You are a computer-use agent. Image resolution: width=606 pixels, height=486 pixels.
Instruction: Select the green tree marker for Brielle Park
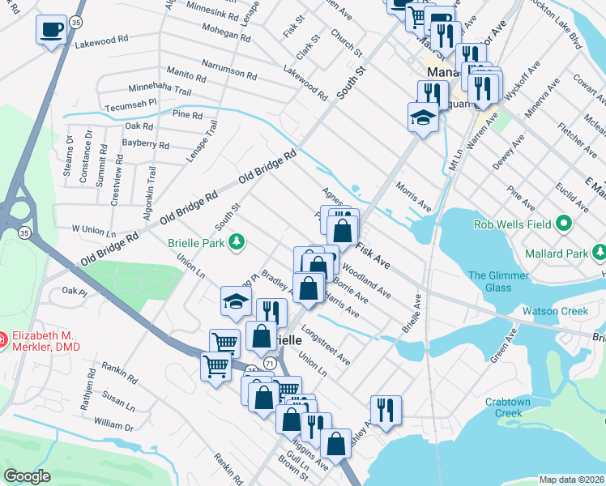(237, 241)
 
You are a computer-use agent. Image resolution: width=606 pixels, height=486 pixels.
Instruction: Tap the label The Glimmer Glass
(498, 282)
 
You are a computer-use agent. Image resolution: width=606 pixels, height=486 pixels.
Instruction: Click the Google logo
(27, 476)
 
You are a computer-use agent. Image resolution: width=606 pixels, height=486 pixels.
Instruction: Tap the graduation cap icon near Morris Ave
(424, 117)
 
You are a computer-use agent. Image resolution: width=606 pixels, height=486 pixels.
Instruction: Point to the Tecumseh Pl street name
(130, 106)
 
